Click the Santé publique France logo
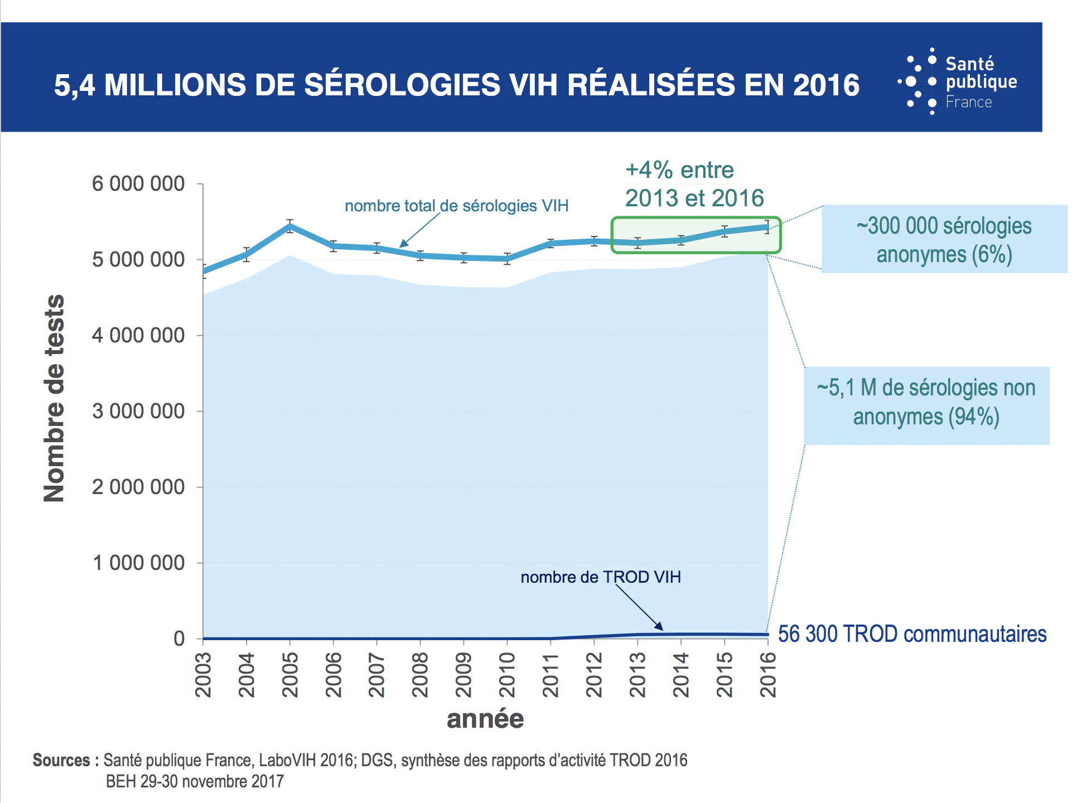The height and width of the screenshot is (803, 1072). coord(957,82)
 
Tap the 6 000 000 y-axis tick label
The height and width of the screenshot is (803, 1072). coord(138,183)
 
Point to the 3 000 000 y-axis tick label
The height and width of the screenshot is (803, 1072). coord(138,411)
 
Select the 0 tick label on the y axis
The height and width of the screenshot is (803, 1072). coord(179,638)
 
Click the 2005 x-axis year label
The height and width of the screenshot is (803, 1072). coord(290,675)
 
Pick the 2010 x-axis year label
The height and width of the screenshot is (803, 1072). coord(507,675)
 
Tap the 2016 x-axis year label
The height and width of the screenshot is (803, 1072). coord(768,675)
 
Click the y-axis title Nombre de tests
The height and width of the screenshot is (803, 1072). coord(54,398)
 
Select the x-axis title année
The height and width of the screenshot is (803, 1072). coord(485,719)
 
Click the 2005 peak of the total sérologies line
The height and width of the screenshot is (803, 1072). coord(290,226)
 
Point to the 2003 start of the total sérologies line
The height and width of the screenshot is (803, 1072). coord(204,272)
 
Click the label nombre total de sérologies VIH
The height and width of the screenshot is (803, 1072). coord(456,206)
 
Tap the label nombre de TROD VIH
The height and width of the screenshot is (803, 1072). coord(600,577)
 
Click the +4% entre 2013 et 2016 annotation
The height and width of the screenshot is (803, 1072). coord(693,184)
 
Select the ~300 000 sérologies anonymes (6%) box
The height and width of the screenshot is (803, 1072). coord(944,239)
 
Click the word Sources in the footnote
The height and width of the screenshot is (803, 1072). coord(61,760)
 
